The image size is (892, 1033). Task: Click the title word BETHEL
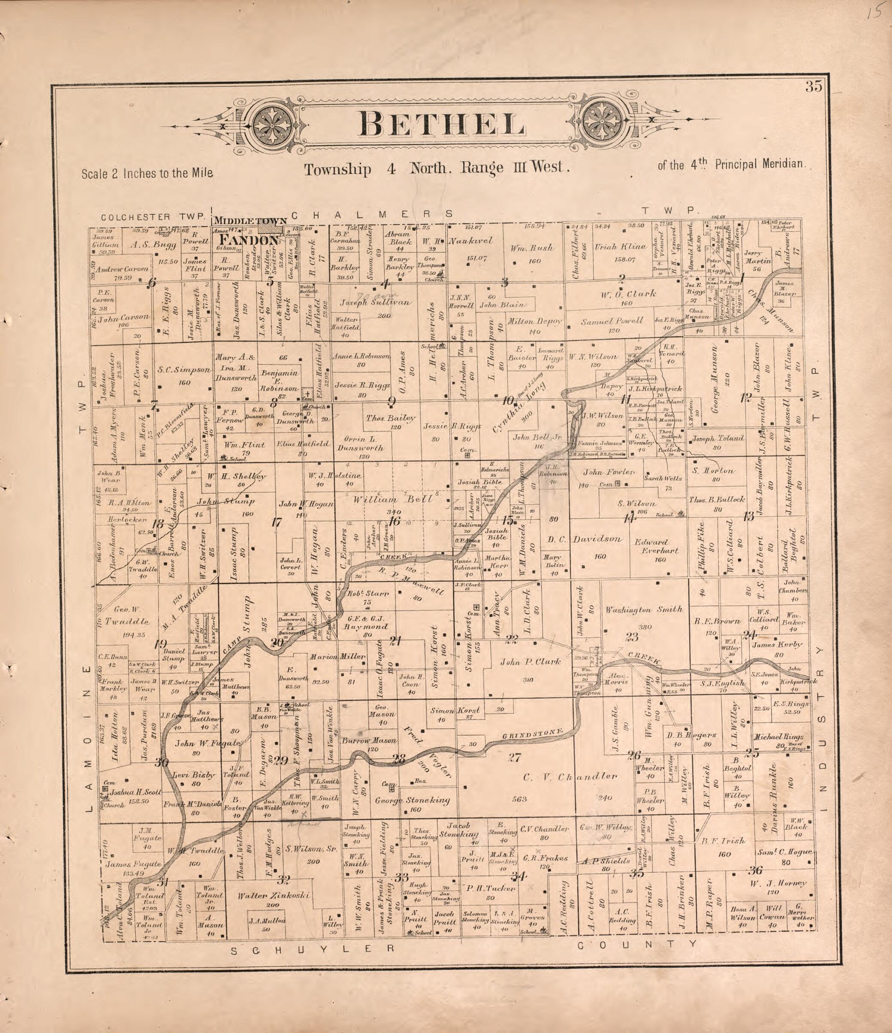click(x=442, y=124)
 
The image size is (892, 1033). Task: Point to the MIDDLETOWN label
click(x=250, y=221)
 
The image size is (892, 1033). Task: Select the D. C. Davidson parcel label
click(x=585, y=539)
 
